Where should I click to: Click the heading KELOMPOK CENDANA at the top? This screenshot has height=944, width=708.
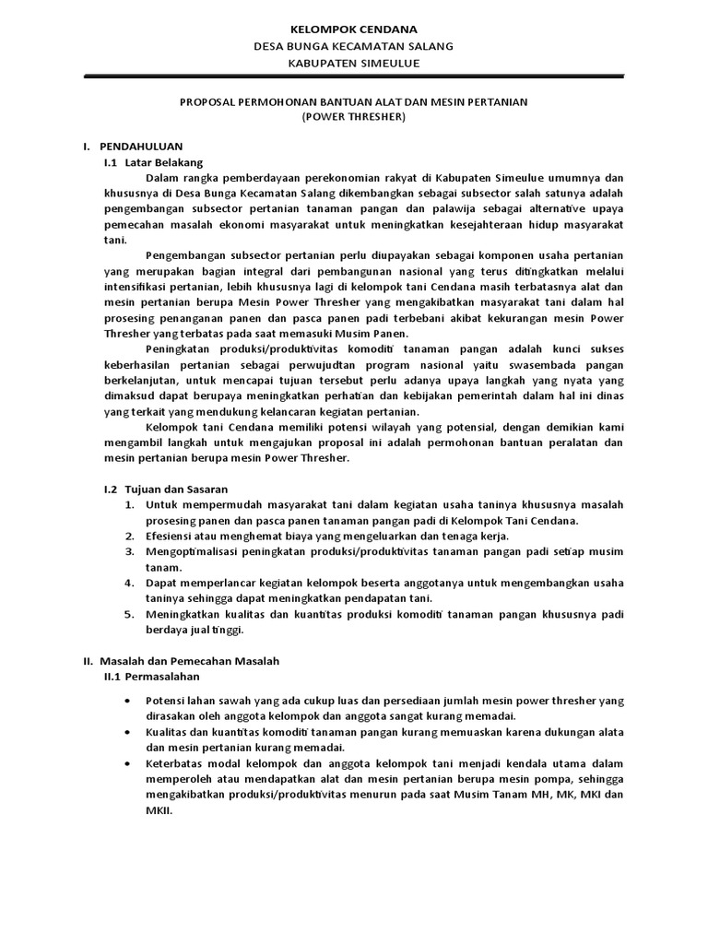(x=354, y=29)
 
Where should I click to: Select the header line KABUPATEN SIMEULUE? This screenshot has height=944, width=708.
(x=354, y=64)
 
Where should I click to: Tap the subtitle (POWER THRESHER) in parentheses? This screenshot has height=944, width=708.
(x=354, y=117)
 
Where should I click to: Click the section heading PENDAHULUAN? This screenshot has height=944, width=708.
(x=141, y=147)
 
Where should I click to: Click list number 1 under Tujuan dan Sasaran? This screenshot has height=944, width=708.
(x=128, y=504)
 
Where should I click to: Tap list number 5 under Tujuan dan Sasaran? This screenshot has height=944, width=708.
(x=128, y=614)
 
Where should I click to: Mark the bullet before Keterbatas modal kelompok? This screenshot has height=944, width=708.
(x=128, y=763)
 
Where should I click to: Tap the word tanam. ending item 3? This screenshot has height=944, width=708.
(x=162, y=567)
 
